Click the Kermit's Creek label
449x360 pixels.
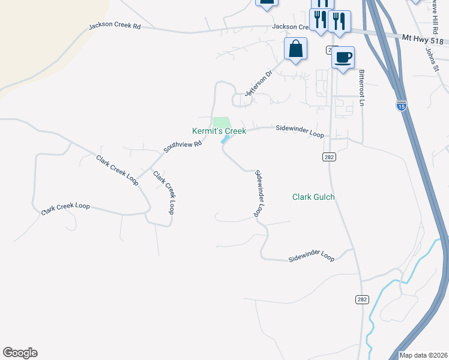[218, 131]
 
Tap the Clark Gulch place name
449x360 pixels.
[313, 197]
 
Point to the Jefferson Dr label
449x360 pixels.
[258, 82]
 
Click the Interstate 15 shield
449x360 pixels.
[402, 106]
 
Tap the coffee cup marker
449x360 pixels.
[343, 58]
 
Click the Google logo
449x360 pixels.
[20, 353]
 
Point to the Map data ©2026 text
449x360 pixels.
[423, 355]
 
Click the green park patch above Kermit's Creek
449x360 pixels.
[221, 122]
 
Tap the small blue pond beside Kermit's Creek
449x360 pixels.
[226, 139]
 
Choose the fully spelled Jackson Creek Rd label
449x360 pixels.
[114, 26]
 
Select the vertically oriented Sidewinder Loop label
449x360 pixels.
[260, 194]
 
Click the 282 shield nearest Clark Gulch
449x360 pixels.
[330, 157]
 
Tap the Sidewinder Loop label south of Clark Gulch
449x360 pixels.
[311, 257]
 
